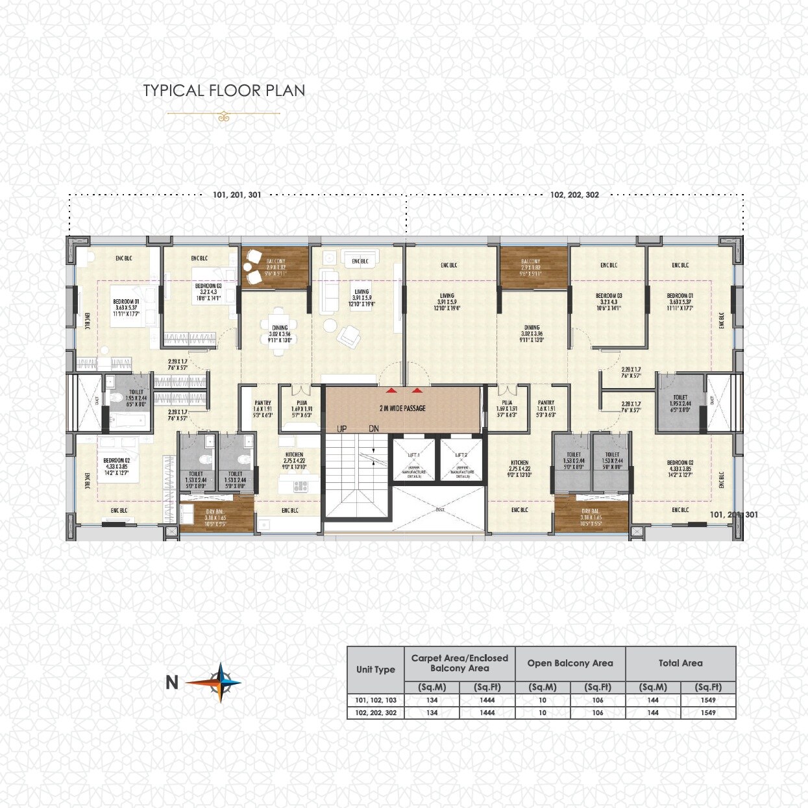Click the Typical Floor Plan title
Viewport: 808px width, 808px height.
pos(224,90)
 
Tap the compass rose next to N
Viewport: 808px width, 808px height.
pos(221,682)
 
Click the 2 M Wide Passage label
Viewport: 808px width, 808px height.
pos(402,408)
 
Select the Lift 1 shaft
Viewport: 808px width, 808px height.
pos(413,460)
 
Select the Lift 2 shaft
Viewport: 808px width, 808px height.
pos(461,460)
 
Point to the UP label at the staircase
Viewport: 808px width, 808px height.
pos(341,429)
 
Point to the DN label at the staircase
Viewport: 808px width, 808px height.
pos(374,429)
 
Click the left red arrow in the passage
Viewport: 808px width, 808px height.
pos(391,391)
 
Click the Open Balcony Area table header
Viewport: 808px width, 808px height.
pos(570,663)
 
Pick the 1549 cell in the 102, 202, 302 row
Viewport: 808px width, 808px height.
pos(708,713)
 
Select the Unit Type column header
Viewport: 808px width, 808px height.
pos(375,670)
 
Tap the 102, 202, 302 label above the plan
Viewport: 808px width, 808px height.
pos(574,195)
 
